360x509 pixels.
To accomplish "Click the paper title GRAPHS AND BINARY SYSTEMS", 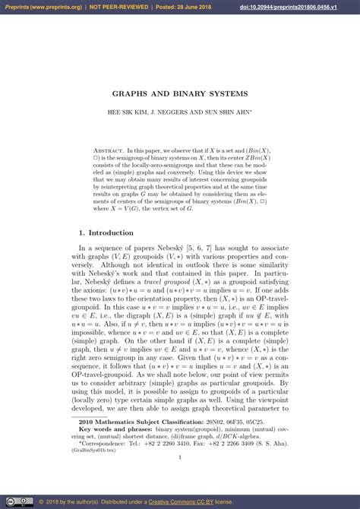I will [179, 94].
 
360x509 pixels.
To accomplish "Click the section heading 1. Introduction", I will [106, 232].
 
